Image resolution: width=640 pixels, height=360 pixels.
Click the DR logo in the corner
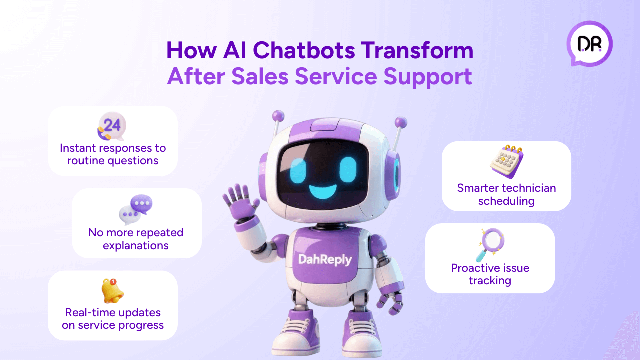pos(589,43)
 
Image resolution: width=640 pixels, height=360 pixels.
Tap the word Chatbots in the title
pos(304,50)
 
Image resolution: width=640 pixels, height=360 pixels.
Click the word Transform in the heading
pos(417,50)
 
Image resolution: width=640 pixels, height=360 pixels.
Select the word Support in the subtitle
pos(428,77)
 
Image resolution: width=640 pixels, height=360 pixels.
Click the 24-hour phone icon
pos(111,126)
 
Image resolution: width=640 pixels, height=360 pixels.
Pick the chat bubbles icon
pos(136,209)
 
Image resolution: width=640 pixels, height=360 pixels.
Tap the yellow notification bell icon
pos(112,291)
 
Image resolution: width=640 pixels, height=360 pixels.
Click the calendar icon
pos(507,161)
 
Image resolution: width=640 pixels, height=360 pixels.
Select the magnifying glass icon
pos(490,245)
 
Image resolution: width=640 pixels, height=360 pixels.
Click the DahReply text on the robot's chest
pos(325,260)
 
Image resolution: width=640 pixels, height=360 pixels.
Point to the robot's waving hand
pos(241,202)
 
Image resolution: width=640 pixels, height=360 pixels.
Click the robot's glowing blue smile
pos(323,191)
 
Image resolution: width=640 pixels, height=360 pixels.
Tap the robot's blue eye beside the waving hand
pos(298,170)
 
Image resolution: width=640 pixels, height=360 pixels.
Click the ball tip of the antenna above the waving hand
pos(278,116)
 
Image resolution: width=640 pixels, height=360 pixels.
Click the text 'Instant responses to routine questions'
pos(113,154)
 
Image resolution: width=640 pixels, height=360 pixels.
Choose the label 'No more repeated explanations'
pos(136,239)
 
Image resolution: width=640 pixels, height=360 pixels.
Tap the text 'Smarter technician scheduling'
pos(507,194)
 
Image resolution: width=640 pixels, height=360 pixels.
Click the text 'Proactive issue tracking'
pos(490,274)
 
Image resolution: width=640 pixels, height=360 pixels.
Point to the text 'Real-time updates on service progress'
pos(113,319)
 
